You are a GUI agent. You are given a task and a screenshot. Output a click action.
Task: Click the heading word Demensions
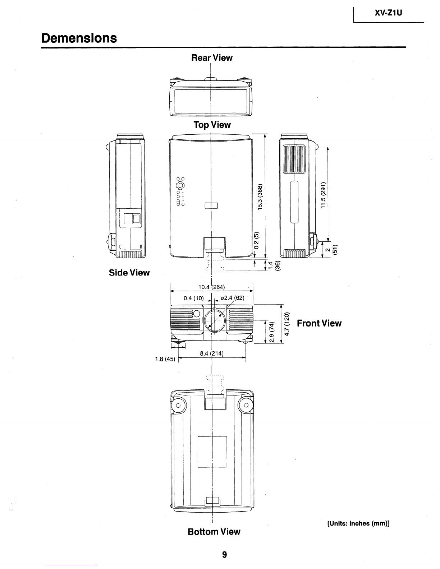79,38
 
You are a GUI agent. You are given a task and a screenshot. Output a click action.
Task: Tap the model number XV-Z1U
388,13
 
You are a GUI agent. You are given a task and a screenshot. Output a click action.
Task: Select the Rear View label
212,57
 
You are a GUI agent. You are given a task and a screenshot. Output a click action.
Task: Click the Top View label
212,125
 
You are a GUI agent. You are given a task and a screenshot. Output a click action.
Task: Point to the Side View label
129,273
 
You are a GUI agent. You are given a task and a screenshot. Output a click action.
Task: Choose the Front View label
319,323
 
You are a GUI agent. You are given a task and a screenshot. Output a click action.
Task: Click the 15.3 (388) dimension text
260,197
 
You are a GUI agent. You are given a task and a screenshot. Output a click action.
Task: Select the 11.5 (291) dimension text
323,195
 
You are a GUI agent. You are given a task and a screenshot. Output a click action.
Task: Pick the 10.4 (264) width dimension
211,287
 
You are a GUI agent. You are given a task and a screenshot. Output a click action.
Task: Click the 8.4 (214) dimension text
212,353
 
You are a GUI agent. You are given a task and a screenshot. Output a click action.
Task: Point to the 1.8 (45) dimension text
165,359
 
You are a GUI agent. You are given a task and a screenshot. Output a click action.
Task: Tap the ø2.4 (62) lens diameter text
233,298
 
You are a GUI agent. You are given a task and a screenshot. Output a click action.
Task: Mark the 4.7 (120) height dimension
287,324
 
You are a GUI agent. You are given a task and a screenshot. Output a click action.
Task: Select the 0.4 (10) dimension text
194,298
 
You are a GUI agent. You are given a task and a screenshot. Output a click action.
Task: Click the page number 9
225,554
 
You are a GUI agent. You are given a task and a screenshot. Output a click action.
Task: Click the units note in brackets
358,523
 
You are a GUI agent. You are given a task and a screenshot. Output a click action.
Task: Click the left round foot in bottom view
178,406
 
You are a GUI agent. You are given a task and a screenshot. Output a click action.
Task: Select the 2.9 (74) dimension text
271,332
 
